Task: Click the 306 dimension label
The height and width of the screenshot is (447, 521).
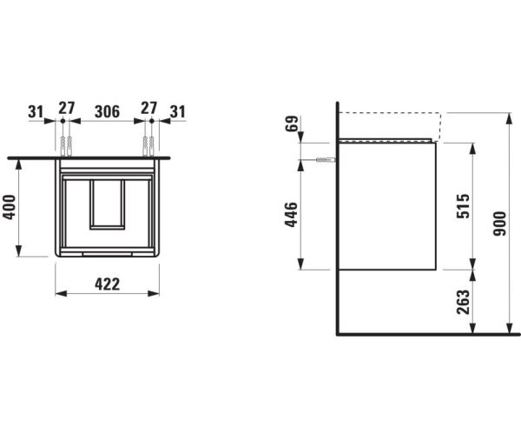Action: pos(107,111)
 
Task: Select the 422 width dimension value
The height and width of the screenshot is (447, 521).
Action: pos(107,284)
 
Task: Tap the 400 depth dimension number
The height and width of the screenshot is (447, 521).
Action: pos(9,207)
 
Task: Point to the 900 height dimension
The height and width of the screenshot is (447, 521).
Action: pos(499,223)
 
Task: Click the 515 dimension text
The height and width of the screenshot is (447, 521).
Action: pos(463,206)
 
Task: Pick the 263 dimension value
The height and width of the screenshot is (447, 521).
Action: pos(463,302)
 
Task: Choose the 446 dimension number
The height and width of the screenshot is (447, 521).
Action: pos(291,214)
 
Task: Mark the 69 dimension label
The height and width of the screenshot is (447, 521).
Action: pos(292,123)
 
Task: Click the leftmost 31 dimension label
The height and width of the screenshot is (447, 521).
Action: pos(36,111)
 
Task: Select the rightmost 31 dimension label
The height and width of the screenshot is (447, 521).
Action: pos(178,111)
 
